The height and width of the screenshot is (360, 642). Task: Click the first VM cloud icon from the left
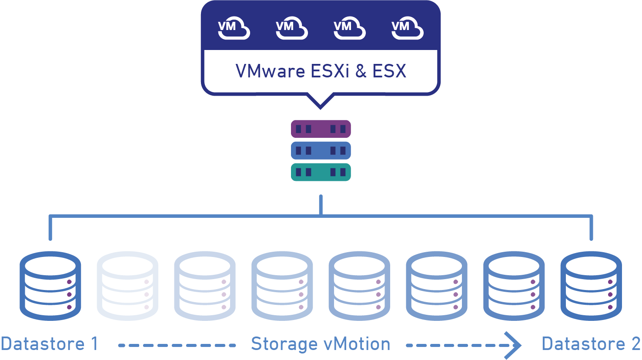pos(234,28)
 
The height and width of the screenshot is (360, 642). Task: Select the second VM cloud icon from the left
pos(292,28)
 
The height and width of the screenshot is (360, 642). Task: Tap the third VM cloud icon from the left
pos(350,28)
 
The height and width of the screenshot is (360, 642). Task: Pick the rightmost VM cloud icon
pos(408,28)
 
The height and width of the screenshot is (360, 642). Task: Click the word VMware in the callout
pos(270,71)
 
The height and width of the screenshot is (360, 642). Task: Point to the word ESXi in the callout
pos(331,71)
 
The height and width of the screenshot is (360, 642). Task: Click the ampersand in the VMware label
pos(361,71)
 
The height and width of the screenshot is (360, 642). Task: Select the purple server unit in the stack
pos(321,129)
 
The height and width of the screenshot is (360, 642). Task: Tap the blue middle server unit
pos(321,150)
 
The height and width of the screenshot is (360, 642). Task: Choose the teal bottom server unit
pos(321,172)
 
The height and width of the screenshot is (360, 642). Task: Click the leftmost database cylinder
pos(50,286)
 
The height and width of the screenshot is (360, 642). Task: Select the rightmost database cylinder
pos(591,286)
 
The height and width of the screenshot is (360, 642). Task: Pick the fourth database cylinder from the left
pos(282,286)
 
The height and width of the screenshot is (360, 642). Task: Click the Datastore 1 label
pos(49,344)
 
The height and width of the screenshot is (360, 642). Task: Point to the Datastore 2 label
pos(591,344)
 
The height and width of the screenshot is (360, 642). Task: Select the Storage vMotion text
pos(321,344)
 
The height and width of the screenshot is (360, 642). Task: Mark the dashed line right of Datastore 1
pos(177,345)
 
